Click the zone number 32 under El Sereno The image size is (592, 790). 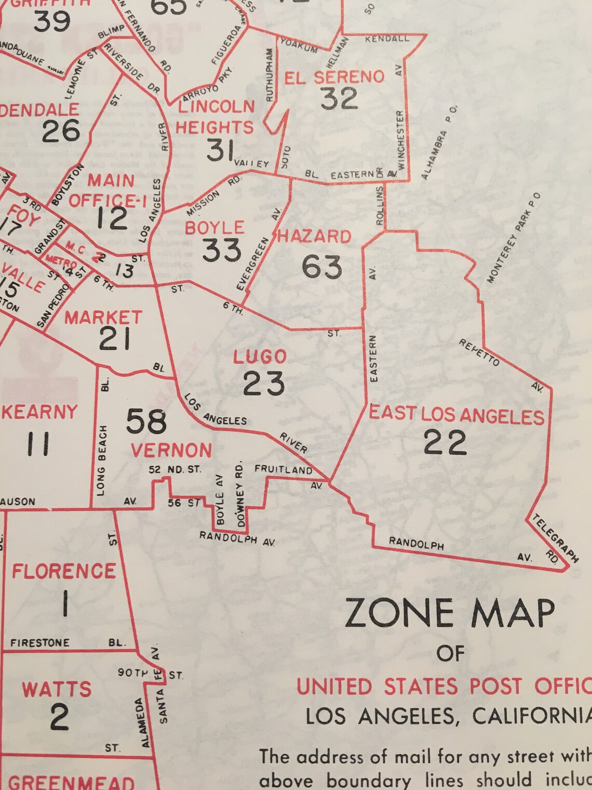click(x=339, y=98)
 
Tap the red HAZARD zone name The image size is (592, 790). click(x=315, y=236)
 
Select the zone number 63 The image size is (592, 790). click(x=322, y=267)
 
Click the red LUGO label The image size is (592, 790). click(x=260, y=357)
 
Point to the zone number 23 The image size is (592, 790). click(x=264, y=384)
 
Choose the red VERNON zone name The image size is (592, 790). click(x=171, y=450)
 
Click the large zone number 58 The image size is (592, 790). click(x=146, y=421)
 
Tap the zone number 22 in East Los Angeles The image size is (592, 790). click(x=445, y=443)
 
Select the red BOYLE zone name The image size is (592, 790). click(x=214, y=228)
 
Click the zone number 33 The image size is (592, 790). click(x=222, y=251)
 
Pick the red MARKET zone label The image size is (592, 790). click(x=103, y=317)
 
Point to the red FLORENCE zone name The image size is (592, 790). click(x=64, y=571)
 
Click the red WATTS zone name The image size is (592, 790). click(x=57, y=689)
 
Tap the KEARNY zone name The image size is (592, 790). click(x=39, y=412)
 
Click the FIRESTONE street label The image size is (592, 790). click(x=40, y=643)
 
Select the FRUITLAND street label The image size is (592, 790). click(x=284, y=469)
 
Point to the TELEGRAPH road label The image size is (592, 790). click(x=555, y=538)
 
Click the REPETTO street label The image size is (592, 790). click(x=479, y=352)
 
